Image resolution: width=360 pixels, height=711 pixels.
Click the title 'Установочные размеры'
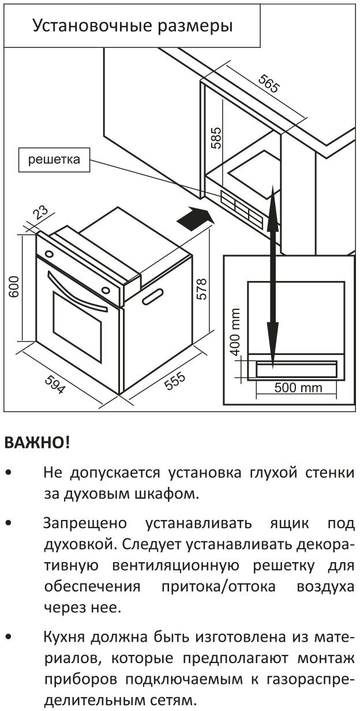(x=132, y=26)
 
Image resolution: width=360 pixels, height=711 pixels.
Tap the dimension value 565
(x=268, y=84)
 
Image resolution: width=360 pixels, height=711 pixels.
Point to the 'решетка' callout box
(x=54, y=160)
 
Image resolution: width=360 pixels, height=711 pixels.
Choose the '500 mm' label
(x=298, y=387)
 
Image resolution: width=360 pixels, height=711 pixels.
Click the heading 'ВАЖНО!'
(x=36, y=443)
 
